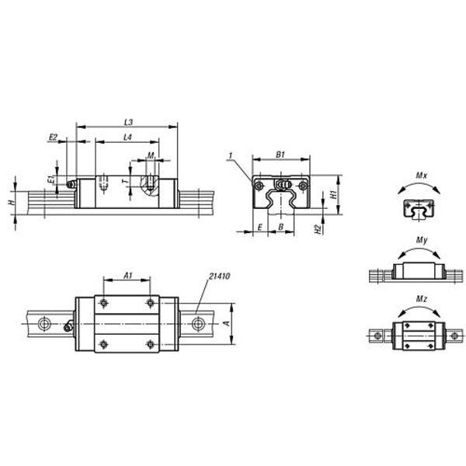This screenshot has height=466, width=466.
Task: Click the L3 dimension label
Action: pyautogui.click(x=128, y=122)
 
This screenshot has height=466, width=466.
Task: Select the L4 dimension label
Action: pyautogui.click(x=127, y=137)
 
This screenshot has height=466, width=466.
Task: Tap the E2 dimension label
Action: pyautogui.click(x=53, y=137)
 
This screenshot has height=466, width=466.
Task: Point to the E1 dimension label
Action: pyautogui.click(x=51, y=179)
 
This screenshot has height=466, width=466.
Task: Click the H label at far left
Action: pyautogui.click(x=12, y=203)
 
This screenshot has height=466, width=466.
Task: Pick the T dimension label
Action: pyautogui.click(x=126, y=181)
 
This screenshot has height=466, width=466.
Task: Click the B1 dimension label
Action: pyautogui.click(x=280, y=155)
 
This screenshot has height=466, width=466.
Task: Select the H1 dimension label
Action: pyautogui.click(x=334, y=195)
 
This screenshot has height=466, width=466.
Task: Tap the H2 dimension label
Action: pyautogui.click(x=318, y=229)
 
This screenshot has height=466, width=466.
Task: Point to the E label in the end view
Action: pyautogui.click(x=260, y=228)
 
